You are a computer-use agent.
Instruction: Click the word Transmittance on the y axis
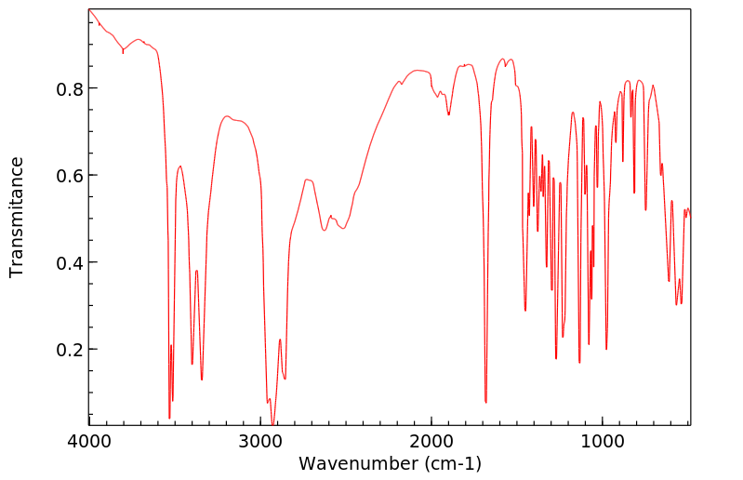[17, 217]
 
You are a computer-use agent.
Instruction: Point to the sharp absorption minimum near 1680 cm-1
[486, 402]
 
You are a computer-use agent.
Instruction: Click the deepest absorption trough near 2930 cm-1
[272, 424]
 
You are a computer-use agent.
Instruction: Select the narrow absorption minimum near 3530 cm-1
[169, 418]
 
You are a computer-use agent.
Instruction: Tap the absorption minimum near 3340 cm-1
[202, 380]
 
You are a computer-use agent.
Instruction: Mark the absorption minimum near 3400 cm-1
[192, 364]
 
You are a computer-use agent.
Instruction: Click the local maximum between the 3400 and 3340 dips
[197, 271]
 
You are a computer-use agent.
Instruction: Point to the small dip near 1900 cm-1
[448, 114]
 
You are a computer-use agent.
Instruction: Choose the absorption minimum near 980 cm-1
[606, 349]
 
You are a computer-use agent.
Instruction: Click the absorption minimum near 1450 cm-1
[525, 311]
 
